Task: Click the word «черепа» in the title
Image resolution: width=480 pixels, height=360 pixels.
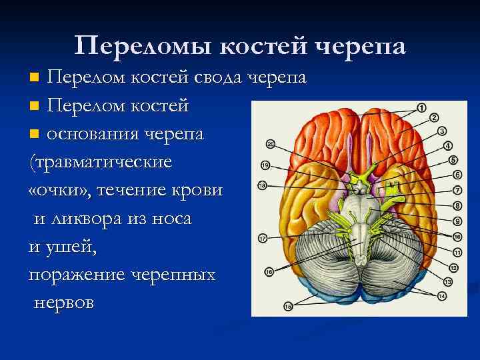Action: coord(358,45)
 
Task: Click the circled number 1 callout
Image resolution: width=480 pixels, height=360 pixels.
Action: coord(421,108)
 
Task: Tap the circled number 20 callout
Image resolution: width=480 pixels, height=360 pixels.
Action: coord(270,144)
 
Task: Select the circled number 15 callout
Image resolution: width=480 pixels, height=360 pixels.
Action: coord(288,306)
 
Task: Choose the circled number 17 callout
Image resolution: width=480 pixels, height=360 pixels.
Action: coord(263,238)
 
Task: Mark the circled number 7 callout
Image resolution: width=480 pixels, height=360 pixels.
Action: coord(458,190)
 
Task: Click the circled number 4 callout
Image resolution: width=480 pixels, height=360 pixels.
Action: coord(448,145)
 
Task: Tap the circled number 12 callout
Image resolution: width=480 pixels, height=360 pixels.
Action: coord(453,267)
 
